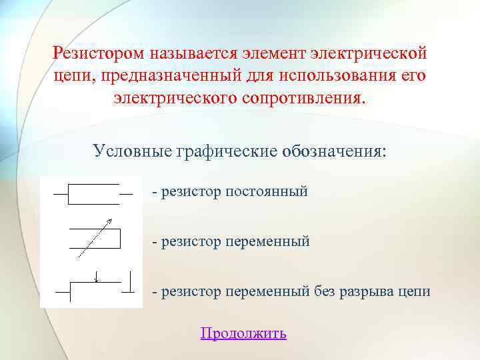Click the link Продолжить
click(x=243, y=333)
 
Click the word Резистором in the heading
click(x=99, y=52)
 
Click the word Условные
click(x=132, y=150)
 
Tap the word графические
click(x=221, y=150)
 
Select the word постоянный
click(x=267, y=192)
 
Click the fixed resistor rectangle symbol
click(x=93, y=193)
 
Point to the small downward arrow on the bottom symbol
click(x=97, y=276)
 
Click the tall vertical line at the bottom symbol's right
click(x=131, y=281)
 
